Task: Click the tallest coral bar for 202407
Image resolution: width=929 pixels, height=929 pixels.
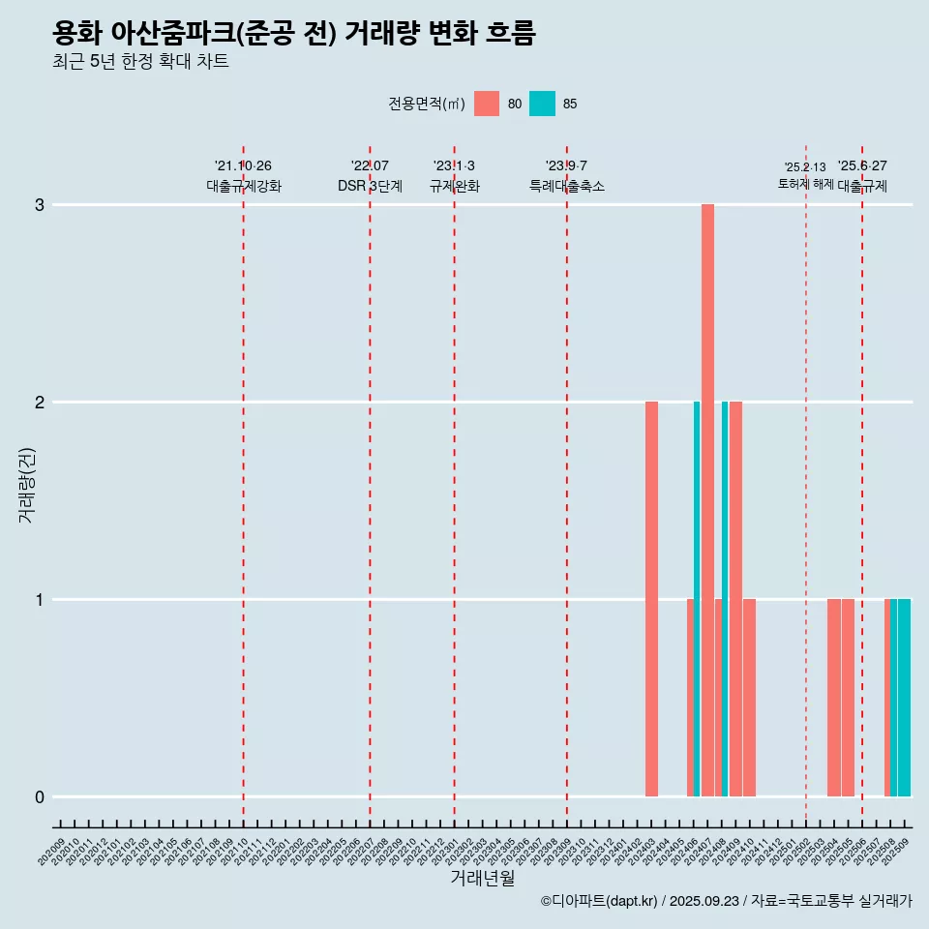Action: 707,499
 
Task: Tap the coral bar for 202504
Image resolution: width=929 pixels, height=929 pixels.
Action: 833,697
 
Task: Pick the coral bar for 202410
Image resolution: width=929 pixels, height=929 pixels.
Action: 750,697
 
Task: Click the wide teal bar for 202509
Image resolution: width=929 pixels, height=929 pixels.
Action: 904,697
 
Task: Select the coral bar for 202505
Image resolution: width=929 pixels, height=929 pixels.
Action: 848,697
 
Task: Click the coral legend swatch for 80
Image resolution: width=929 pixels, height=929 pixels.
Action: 487,104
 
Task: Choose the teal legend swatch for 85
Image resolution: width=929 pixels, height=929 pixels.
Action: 542,104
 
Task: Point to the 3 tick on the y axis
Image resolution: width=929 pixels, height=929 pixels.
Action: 40,205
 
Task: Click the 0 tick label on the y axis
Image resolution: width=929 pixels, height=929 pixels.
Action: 40,797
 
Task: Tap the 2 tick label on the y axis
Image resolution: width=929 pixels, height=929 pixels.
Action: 40,403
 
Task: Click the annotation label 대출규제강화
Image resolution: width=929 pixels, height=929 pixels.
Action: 244,186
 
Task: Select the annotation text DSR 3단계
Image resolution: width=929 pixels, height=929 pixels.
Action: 370,186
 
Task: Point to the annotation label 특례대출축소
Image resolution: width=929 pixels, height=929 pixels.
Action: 567,186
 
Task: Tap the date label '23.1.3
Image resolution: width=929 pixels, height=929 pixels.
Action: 454,166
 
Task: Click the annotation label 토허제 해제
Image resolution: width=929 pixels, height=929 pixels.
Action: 805,184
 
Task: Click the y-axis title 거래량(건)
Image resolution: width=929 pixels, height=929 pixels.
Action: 26,484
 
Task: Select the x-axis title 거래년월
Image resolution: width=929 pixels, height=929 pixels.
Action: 482,878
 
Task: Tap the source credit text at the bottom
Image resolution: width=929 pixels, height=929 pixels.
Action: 726,901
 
